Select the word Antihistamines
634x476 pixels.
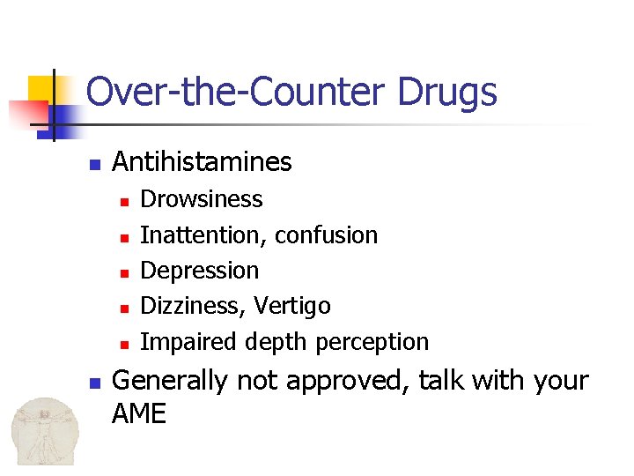tap(202, 162)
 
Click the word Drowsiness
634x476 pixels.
tap(202, 199)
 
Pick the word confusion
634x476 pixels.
tap(326, 235)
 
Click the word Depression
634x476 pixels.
tap(200, 271)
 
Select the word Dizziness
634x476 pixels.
tap(193, 306)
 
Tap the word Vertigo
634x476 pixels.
tap(292, 307)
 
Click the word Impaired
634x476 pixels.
tap(189, 342)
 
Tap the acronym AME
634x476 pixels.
tap(139, 413)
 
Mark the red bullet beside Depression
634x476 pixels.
tap(125, 272)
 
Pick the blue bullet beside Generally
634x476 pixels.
tap(95, 383)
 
